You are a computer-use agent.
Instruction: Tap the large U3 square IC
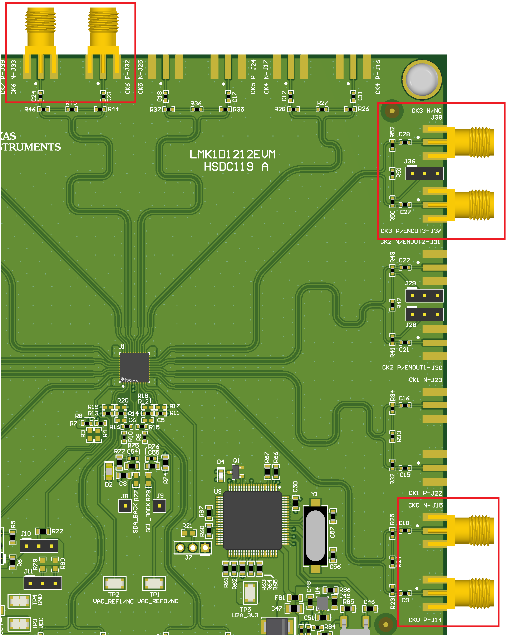252,520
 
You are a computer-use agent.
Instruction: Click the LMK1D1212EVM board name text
232,154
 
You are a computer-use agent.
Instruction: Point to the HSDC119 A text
236,167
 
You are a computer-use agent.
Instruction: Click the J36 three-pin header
424,174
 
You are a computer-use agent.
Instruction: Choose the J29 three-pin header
424,296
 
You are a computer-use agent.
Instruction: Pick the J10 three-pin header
39,546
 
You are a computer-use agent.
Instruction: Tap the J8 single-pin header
125,506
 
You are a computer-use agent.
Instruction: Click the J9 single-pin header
159,506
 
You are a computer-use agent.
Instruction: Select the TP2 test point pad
115,584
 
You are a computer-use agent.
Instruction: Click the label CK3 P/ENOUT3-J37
411,231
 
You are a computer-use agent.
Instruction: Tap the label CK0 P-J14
425,620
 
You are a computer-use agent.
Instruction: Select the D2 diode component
109,471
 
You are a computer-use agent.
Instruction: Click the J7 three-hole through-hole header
193,547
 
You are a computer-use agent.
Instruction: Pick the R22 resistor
43,531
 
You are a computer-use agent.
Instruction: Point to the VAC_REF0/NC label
158,601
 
